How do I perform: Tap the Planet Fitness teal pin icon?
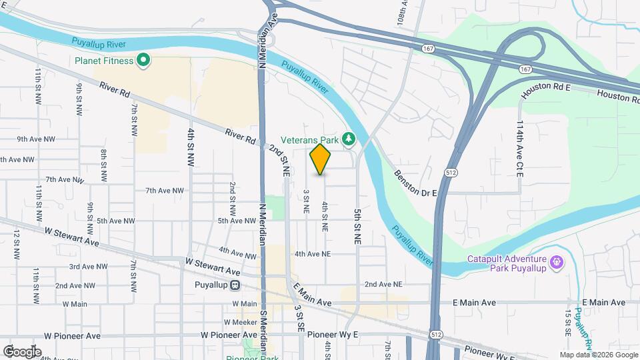point(143,61)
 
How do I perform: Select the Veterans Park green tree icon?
point(348,139)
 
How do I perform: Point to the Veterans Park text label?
point(310,140)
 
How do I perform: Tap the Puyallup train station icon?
point(235,285)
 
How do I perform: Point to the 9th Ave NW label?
point(39,139)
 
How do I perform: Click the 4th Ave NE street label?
point(313,254)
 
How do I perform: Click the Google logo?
point(22,351)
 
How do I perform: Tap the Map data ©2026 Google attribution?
point(598,355)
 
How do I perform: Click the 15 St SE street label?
point(567,320)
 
